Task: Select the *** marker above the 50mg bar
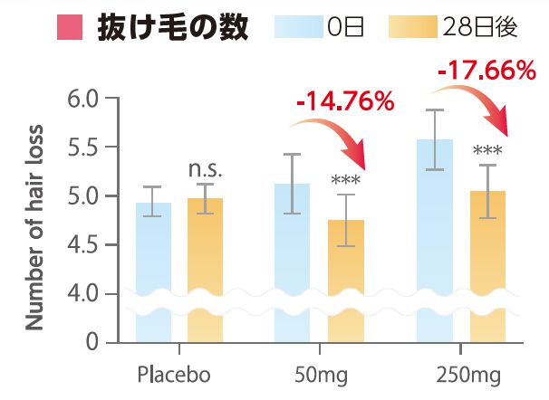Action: point(345,180)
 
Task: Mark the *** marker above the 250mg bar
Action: point(487,150)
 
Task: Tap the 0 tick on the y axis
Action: point(91,343)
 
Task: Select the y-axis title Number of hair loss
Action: point(34,221)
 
